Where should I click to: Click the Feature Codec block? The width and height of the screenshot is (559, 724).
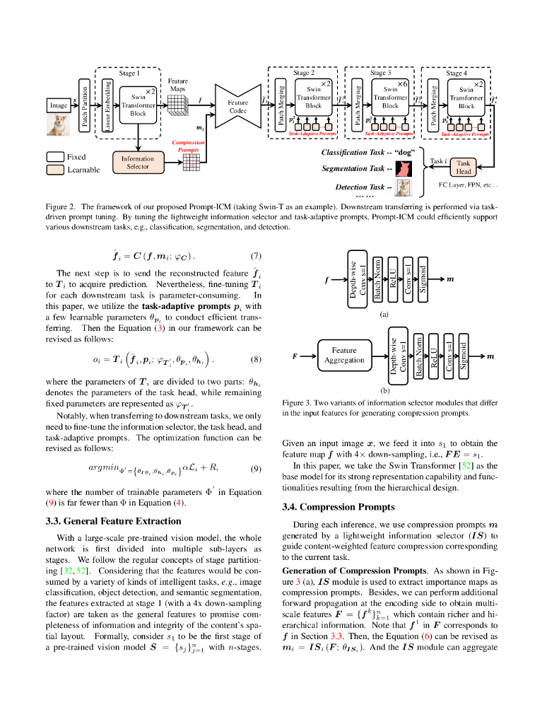237,106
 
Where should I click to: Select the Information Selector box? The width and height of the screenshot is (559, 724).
138,163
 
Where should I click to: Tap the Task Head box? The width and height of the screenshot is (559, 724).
463,166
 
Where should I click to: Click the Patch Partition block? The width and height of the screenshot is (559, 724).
85,106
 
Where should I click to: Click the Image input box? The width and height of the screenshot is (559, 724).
59,105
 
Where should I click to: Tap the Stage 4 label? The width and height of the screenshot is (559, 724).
456,73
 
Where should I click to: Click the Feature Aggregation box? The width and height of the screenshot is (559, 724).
344,355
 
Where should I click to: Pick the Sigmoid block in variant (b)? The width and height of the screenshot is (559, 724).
464,356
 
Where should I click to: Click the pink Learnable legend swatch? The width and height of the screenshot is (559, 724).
55,170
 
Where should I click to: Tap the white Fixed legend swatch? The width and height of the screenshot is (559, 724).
55,156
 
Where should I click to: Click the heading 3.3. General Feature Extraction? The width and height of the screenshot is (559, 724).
113,521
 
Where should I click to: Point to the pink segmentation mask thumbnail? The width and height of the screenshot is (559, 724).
404,168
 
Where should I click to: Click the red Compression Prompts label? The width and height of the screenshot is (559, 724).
188,146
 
